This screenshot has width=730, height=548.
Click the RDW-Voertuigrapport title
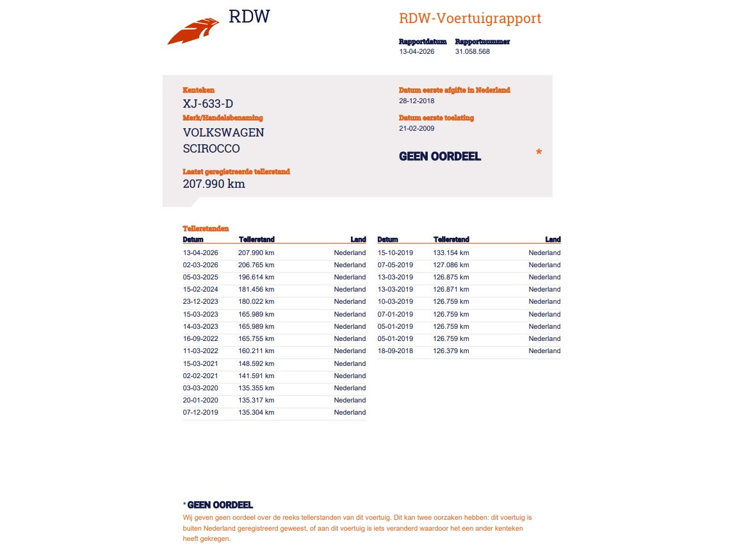pos(470,18)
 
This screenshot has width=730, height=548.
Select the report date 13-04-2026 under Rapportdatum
pos(416,52)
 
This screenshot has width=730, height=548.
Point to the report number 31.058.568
pos(473,52)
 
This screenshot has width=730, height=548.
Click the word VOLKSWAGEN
pos(223,133)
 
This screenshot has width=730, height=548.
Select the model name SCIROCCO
pos(211,149)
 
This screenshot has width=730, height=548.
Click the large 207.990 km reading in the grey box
pos(214,184)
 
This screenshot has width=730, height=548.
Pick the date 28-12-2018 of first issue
pos(416,101)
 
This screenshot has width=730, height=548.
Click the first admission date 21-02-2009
pos(416,129)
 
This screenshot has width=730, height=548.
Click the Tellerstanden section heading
pos(206,228)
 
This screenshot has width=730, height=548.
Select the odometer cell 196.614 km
pos(256,278)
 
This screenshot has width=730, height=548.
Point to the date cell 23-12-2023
pos(200,302)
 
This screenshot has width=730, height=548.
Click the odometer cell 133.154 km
pos(451,253)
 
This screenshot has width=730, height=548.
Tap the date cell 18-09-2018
pos(395,351)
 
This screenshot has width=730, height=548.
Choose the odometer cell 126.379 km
pos(451,351)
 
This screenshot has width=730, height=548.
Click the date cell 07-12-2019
pos(200,413)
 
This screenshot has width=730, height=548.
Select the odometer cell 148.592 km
pos(256,363)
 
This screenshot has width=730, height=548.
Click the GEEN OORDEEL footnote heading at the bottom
pos(220,505)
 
